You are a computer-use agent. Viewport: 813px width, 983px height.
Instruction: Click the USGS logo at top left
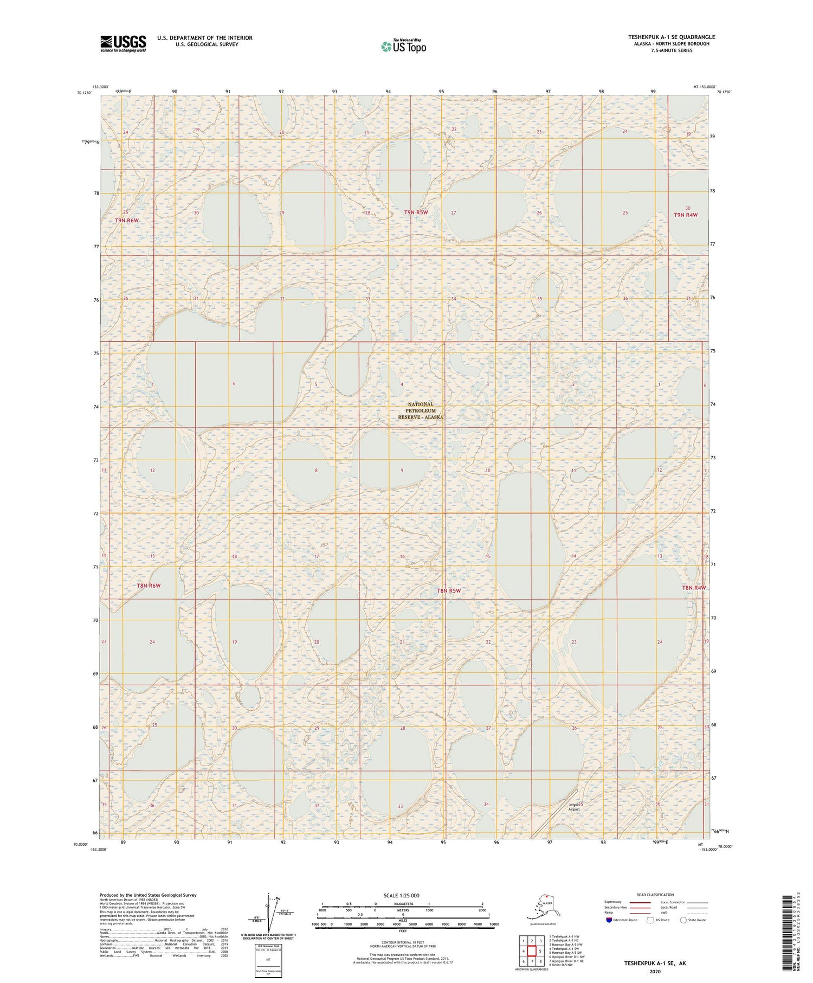coord(123,43)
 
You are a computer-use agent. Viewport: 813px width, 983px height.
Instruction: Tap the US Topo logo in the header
coord(404,46)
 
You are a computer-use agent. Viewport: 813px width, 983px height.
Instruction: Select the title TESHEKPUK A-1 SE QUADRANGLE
coord(672,37)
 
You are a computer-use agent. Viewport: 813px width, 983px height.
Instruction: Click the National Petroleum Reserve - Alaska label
coord(421,410)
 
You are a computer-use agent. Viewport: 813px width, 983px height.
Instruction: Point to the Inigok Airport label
coord(574,807)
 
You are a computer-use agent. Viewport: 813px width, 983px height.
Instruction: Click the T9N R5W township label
coord(416,213)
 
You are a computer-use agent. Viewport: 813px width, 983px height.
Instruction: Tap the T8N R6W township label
coord(149,586)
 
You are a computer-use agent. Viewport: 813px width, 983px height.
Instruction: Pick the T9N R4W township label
coord(685,215)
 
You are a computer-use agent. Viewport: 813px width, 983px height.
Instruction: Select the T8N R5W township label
coord(448,590)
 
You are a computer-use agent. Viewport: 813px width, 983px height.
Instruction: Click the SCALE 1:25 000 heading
coord(402,895)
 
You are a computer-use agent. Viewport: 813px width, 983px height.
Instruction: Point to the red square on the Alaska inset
coord(547,896)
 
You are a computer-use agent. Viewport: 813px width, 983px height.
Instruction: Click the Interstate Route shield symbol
coord(609,920)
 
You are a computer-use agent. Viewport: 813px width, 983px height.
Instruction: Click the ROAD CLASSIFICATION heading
coord(655,895)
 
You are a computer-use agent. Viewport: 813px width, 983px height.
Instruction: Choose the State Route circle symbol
coord(683,920)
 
